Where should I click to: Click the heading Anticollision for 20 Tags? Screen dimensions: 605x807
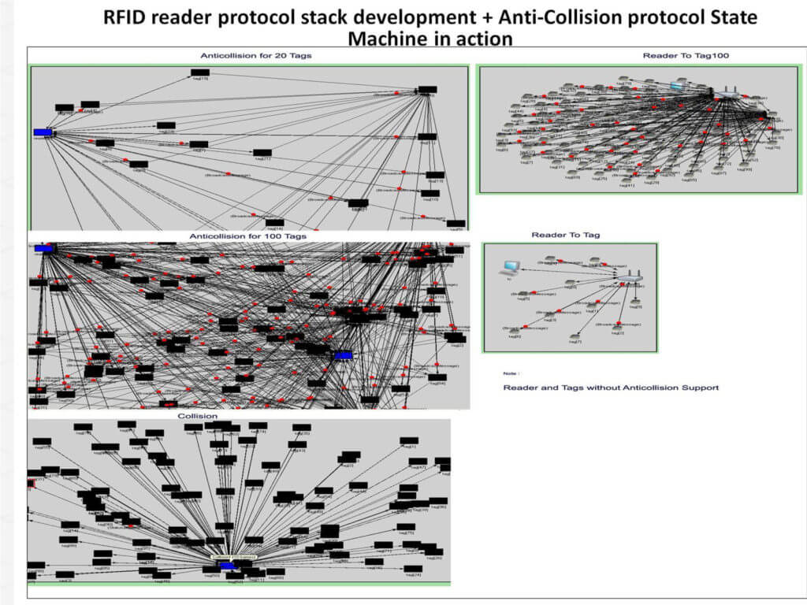[249, 56]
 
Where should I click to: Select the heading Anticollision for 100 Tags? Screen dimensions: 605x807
[248, 236]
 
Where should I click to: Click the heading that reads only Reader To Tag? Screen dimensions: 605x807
[566, 235]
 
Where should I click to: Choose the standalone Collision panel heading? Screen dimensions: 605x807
[198, 415]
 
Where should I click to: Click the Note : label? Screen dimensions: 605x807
[511, 373]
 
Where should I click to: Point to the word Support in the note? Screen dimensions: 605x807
[698, 388]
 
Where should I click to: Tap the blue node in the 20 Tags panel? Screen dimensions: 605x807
[43, 132]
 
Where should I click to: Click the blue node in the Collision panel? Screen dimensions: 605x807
[228, 566]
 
